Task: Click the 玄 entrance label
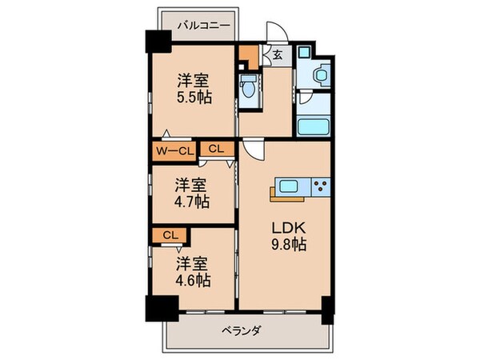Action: click(x=276, y=55)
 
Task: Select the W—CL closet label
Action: click(x=173, y=150)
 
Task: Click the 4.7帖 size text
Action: click(x=193, y=202)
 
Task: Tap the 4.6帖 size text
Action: click(x=193, y=281)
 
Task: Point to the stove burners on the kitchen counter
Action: click(x=320, y=188)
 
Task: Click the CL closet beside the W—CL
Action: click(x=216, y=149)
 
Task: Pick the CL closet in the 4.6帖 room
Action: click(x=170, y=235)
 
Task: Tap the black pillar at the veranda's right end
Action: click(x=326, y=308)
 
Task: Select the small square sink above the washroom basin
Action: click(x=304, y=54)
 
